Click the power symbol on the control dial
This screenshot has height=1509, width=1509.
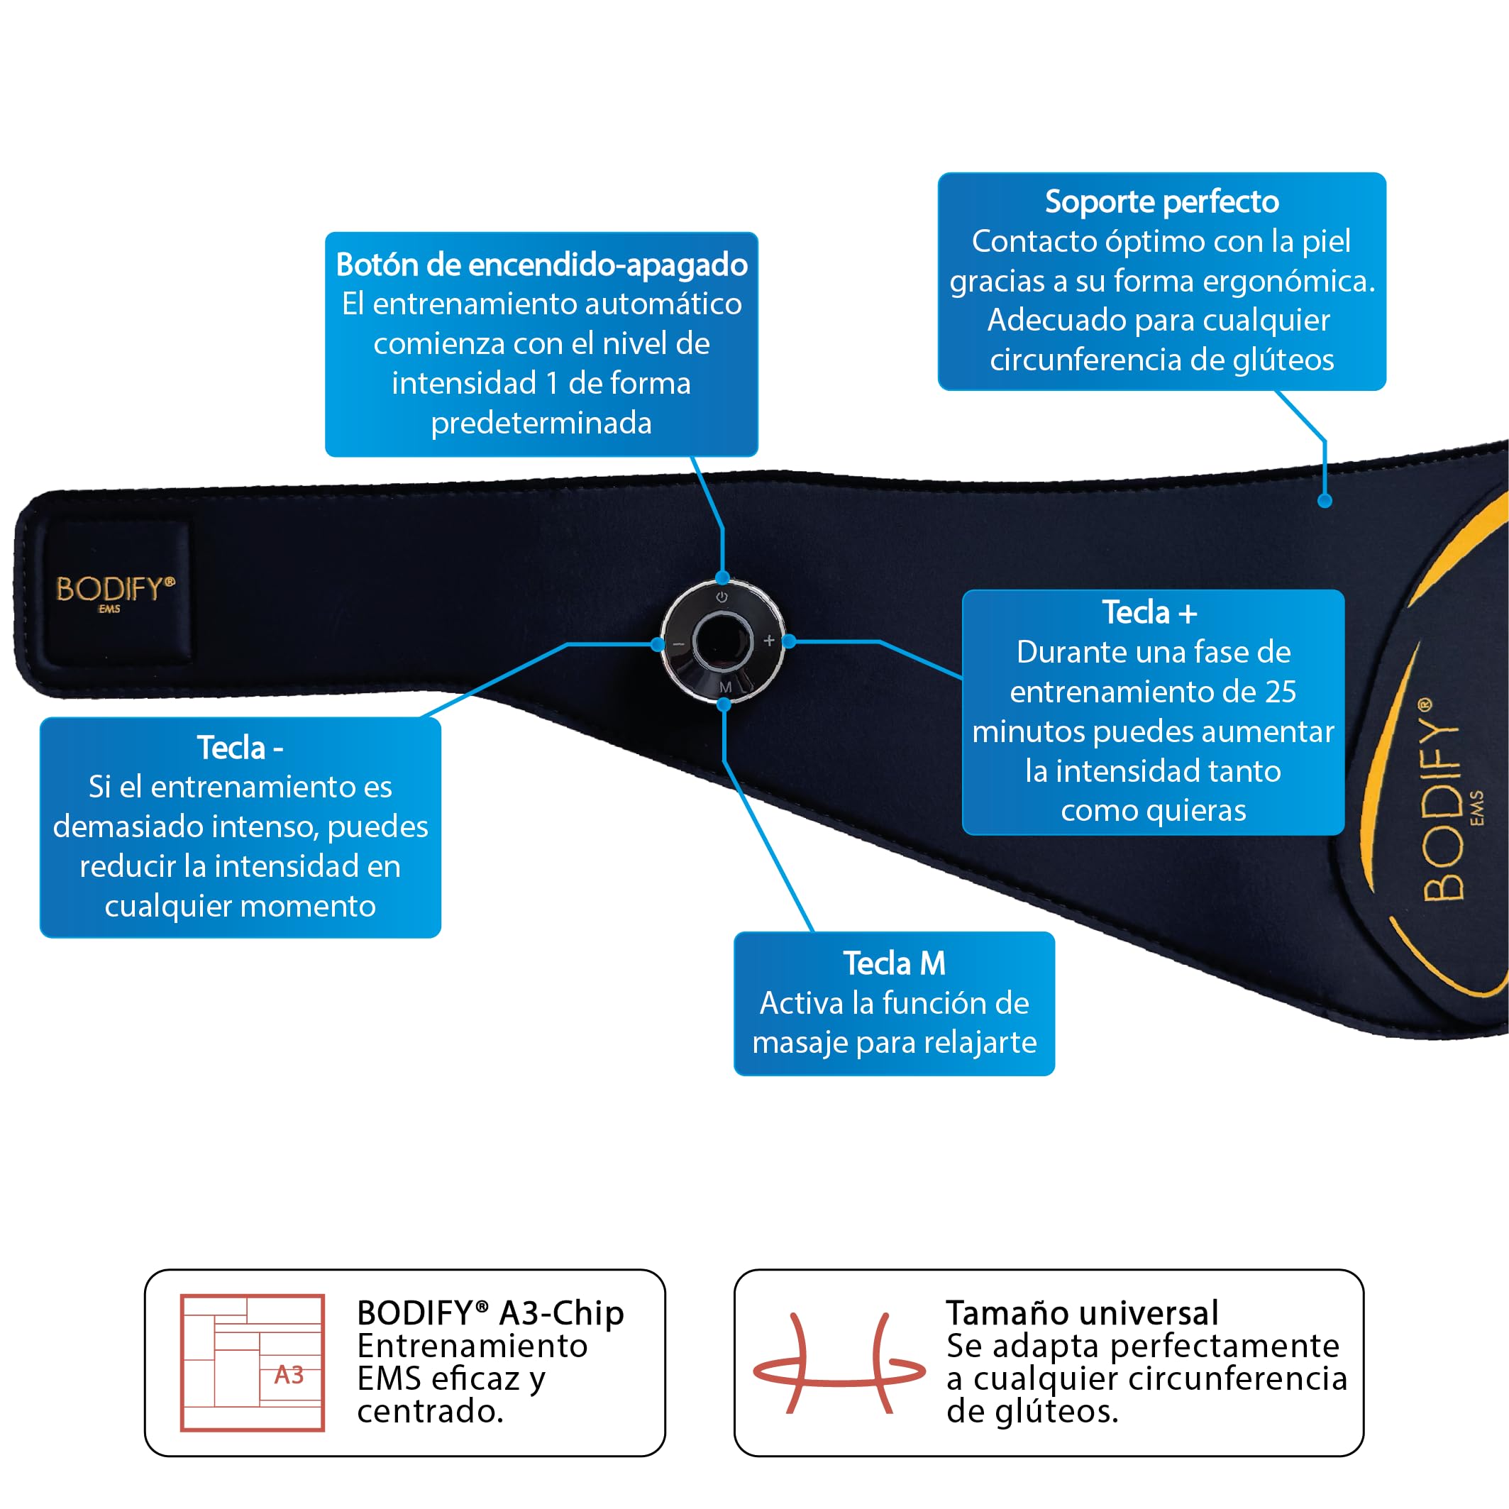(x=722, y=597)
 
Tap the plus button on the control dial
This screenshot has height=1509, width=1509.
(x=769, y=641)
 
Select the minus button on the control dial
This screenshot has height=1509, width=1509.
(x=678, y=644)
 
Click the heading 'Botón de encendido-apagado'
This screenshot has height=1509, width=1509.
(x=541, y=265)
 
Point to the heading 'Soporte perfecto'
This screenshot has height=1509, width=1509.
(x=1161, y=201)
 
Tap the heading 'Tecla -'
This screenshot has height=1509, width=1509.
(x=240, y=748)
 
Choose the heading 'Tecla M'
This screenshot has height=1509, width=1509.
(x=895, y=963)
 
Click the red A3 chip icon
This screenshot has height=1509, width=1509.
(x=253, y=1362)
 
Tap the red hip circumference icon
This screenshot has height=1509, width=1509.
(x=839, y=1363)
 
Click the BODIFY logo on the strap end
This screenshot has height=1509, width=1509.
(x=116, y=591)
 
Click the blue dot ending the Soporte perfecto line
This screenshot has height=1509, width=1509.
(x=1325, y=502)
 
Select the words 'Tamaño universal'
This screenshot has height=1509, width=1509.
(x=1082, y=1313)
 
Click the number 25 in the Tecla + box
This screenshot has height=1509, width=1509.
(x=1281, y=691)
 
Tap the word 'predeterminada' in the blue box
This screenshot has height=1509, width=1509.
(x=541, y=423)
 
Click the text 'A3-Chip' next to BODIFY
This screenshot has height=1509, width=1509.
(x=562, y=1313)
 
